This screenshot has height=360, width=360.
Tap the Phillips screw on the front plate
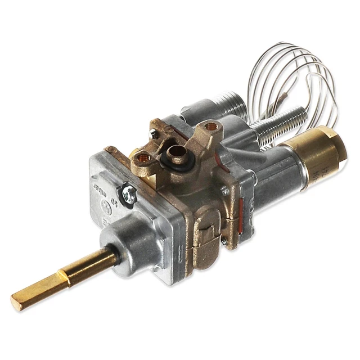pos(129,195)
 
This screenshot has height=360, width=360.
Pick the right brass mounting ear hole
pos(212,127)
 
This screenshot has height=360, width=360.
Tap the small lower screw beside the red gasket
pos(224,241)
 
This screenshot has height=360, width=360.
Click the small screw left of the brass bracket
pos(154,134)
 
